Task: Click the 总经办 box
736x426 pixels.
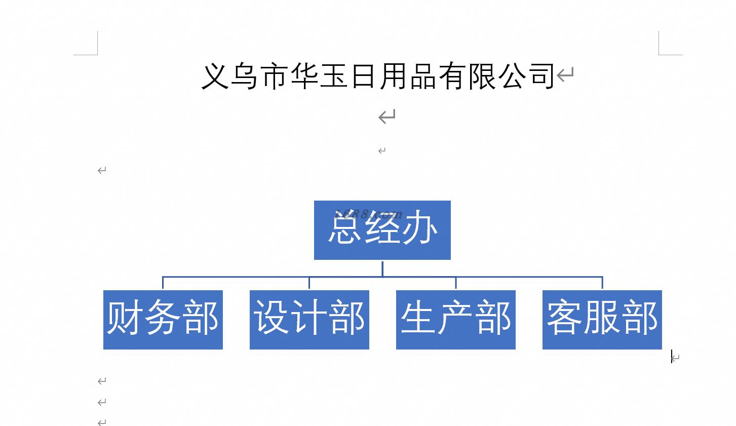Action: point(382,230)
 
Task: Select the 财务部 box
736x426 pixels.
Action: point(163,320)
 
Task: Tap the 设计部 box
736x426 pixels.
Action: point(309,320)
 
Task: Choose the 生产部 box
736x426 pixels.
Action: point(456,320)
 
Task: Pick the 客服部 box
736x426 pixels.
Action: point(602,320)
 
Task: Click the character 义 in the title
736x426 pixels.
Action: point(215,76)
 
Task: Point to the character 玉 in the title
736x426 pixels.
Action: point(333,76)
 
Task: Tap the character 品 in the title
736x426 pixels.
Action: point(423,76)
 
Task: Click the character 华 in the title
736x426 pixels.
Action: point(304,76)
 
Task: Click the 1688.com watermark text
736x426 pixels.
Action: point(368,214)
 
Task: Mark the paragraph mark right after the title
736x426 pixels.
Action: point(565,74)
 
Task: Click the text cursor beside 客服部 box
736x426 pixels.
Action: point(672,357)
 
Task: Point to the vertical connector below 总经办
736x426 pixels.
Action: point(382,269)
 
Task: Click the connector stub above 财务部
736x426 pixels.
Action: point(163,283)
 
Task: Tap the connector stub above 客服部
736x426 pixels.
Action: point(602,283)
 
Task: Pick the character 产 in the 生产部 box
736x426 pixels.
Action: point(456,318)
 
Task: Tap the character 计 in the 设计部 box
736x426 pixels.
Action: point(309,318)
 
